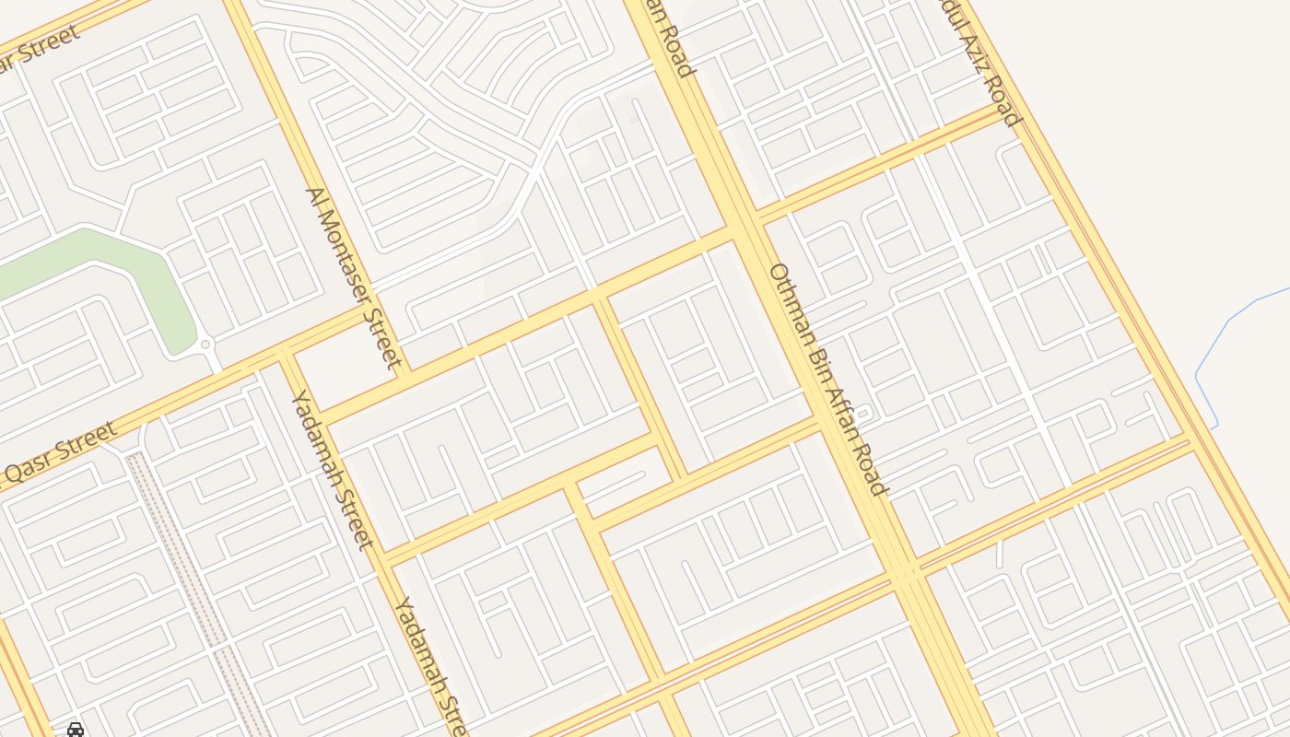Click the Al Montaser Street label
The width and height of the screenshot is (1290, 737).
pos(355,277)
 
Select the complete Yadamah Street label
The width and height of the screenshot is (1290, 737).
pos(332,468)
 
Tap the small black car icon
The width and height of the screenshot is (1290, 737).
pos(76,730)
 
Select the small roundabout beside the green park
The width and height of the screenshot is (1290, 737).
pos(206,345)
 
